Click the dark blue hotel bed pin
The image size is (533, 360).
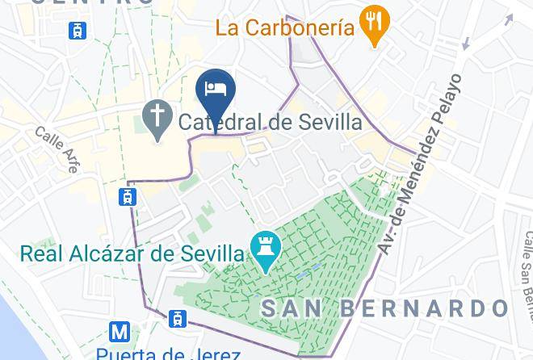(x=216, y=90)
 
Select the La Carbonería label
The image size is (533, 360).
(x=285, y=28)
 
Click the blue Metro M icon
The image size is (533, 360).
(x=120, y=331)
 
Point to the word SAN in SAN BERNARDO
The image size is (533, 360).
(x=292, y=308)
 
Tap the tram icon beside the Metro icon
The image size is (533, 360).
(x=176, y=320)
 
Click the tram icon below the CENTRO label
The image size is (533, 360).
(x=78, y=30)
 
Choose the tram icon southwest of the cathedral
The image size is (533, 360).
(x=128, y=196)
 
